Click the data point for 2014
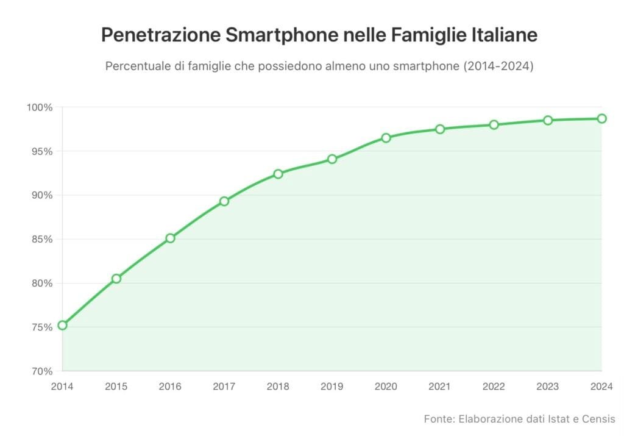click(62, 325)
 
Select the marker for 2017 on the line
click(224, 201)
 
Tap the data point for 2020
click(386, 138)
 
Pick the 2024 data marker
click(601, 118)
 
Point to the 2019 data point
click(332, 159)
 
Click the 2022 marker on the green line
click(494, 124)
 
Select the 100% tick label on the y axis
click(40, 107)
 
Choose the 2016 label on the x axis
click(170, 386)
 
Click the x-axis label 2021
click(440, 386)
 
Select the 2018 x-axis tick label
click(278, 386)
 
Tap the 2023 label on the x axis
click(548, 386)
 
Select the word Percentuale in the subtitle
click(136, 66)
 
